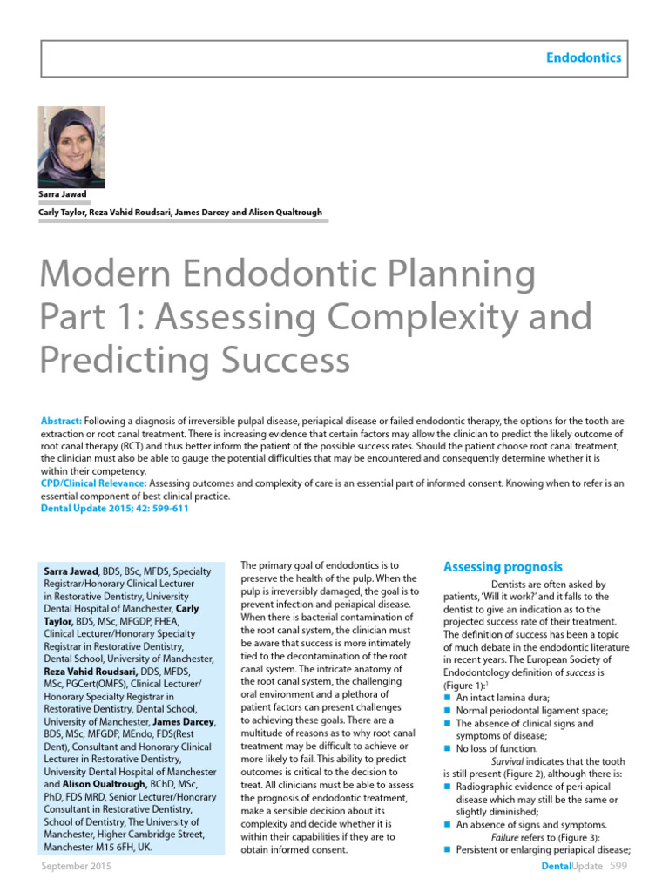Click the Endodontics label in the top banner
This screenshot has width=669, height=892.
pos(584,57)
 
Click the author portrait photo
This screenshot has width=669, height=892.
pos(71,147)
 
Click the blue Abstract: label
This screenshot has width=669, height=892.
pos(62,421)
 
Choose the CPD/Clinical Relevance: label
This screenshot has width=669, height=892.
pos(94,483)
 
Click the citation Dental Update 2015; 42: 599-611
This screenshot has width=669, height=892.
pos(114,509)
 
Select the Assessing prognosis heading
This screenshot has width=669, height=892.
pos(503,567)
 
